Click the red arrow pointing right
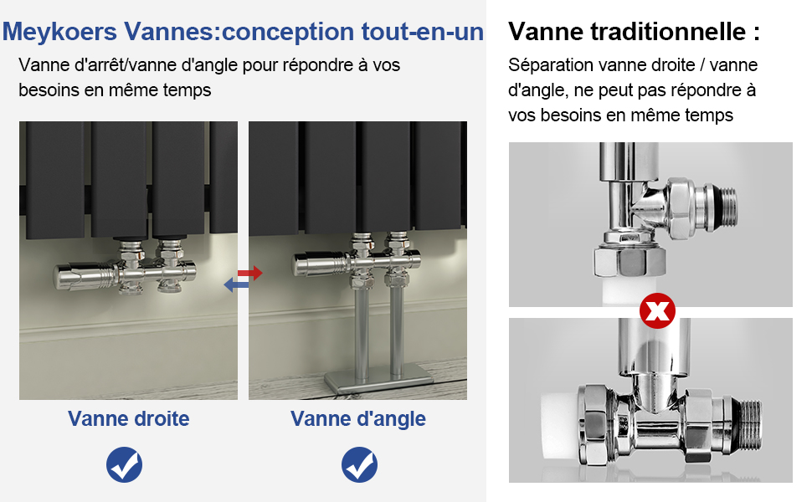(x=249, y=273)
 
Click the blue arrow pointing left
(x=236, y=286)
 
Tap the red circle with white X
(x=657, y=312)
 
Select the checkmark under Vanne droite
(x=124, y=464)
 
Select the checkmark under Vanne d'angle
(x=359, y=464)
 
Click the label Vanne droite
(x=129, y=418)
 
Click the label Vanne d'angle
(x=358, y=418)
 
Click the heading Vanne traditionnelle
(x=634, y=32)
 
